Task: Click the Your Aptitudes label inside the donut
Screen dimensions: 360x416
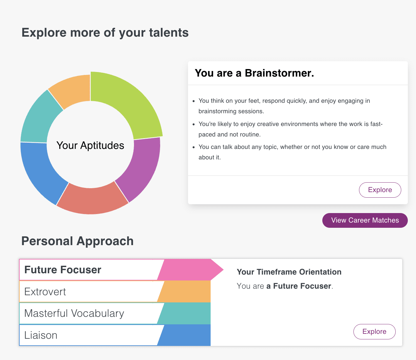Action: point(90,145)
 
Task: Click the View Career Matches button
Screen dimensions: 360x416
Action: point(365,220)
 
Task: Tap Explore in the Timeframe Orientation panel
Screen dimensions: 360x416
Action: point(374,332)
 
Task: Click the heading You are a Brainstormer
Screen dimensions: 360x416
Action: point(254,73)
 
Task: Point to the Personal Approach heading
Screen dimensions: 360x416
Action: point(77,241)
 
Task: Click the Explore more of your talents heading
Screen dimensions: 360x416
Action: point(105,33)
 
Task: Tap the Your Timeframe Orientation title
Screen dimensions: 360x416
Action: point(289,272)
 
